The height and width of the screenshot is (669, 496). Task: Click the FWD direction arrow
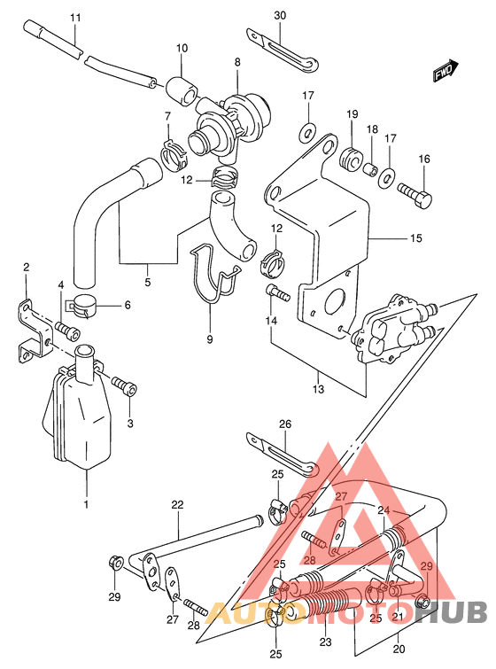point(446,71)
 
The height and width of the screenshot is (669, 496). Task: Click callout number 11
point(75,18)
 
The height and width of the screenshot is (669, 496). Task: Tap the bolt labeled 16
point(415,196)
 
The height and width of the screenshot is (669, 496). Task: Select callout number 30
point(280,15)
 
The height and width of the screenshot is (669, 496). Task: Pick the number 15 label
point(415,238)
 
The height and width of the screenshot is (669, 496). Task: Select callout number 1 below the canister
point(86,504)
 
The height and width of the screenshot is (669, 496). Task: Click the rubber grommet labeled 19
point(351,159)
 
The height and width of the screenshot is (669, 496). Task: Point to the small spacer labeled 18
point(370,168)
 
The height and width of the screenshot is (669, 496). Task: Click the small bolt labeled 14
point(277,292)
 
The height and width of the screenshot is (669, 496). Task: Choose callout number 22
point(177,505)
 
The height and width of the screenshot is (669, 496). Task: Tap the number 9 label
point(209,339)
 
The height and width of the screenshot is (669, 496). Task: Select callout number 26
point(285,424)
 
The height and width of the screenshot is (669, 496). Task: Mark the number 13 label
point(318,389)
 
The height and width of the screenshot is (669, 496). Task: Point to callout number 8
point(237,62)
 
